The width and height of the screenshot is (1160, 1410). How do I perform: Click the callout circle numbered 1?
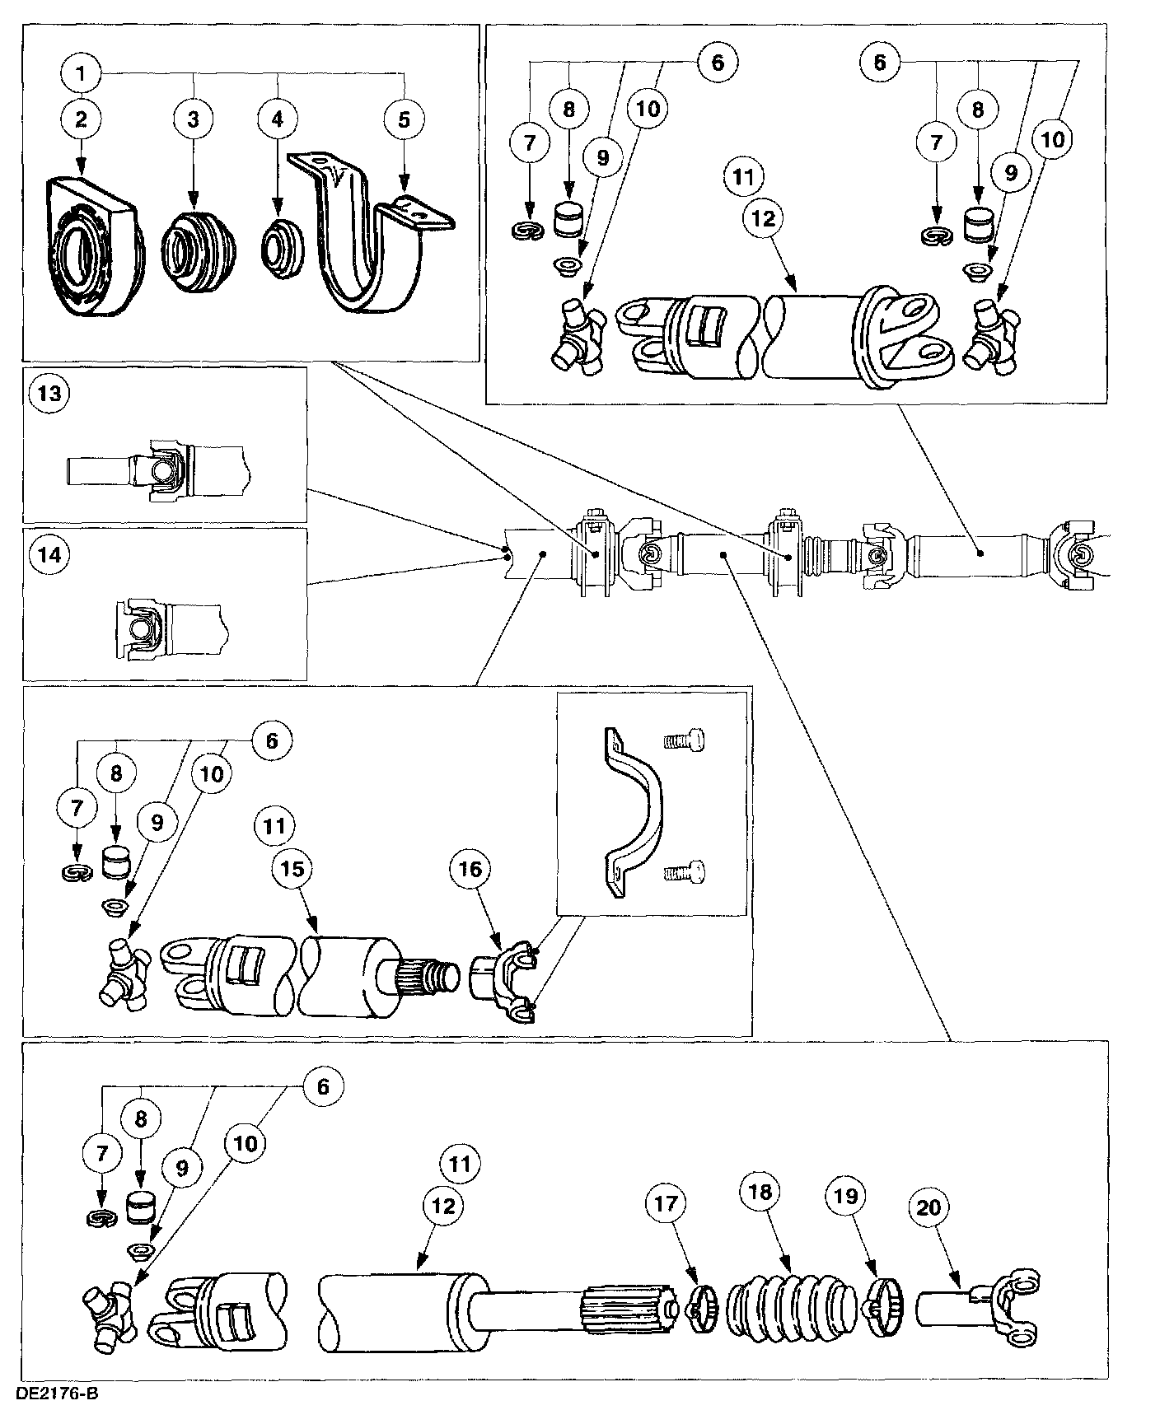pyautogui.click(x=81, y=74)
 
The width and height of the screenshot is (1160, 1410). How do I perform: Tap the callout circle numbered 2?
pyautogui.click(x=81, y=119)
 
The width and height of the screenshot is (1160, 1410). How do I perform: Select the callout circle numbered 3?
pyautogui.click(x=194, y=119)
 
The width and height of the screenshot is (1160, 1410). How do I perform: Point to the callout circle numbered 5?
pyautogui.click(x=404, y=119)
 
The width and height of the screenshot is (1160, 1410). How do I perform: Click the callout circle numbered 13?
pyautogui.click(x=49, y=393)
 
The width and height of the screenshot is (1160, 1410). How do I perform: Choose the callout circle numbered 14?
pyautogui.click(x=49, y=555)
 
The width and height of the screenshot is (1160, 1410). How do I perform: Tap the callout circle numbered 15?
pyautogui.click(x=293, y=869)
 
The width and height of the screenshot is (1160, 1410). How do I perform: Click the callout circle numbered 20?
pyautogui.click(x=928, y=1207)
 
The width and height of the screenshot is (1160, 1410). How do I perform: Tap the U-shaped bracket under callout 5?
pyautogui.click(x=371, y=239)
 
